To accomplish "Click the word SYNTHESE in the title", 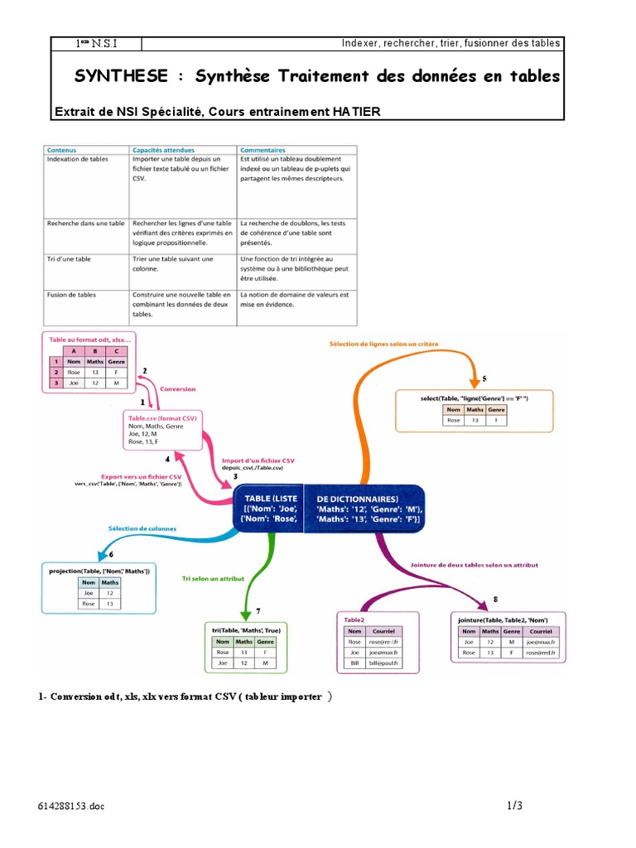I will coord(123,77).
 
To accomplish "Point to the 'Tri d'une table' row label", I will coord(70,259).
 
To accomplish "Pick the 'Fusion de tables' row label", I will coord(73,295).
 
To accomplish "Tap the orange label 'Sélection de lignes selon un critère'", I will coord(383,343).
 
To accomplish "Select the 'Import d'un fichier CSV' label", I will coord(258,460).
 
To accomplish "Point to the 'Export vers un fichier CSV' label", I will coord(141,477).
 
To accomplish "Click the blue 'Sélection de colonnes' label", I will coord(142,528).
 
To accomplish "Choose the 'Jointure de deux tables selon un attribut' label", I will coord(475,565).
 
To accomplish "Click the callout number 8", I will coord(495,599).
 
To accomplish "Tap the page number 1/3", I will coord(514,805).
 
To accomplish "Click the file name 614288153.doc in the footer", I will coord(71,806).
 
